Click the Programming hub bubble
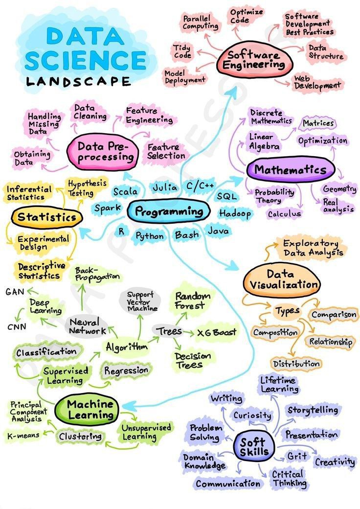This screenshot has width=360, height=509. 169,211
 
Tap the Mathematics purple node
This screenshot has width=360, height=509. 290,170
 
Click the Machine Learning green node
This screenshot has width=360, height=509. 90,410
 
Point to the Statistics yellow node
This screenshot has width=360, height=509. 46,217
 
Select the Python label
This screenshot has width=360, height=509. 150,236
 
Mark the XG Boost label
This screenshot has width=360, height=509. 217,333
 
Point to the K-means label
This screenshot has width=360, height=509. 23,435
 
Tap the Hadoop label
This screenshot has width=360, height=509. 235,214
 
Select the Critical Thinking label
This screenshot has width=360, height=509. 289,478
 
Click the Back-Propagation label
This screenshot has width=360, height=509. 97,274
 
